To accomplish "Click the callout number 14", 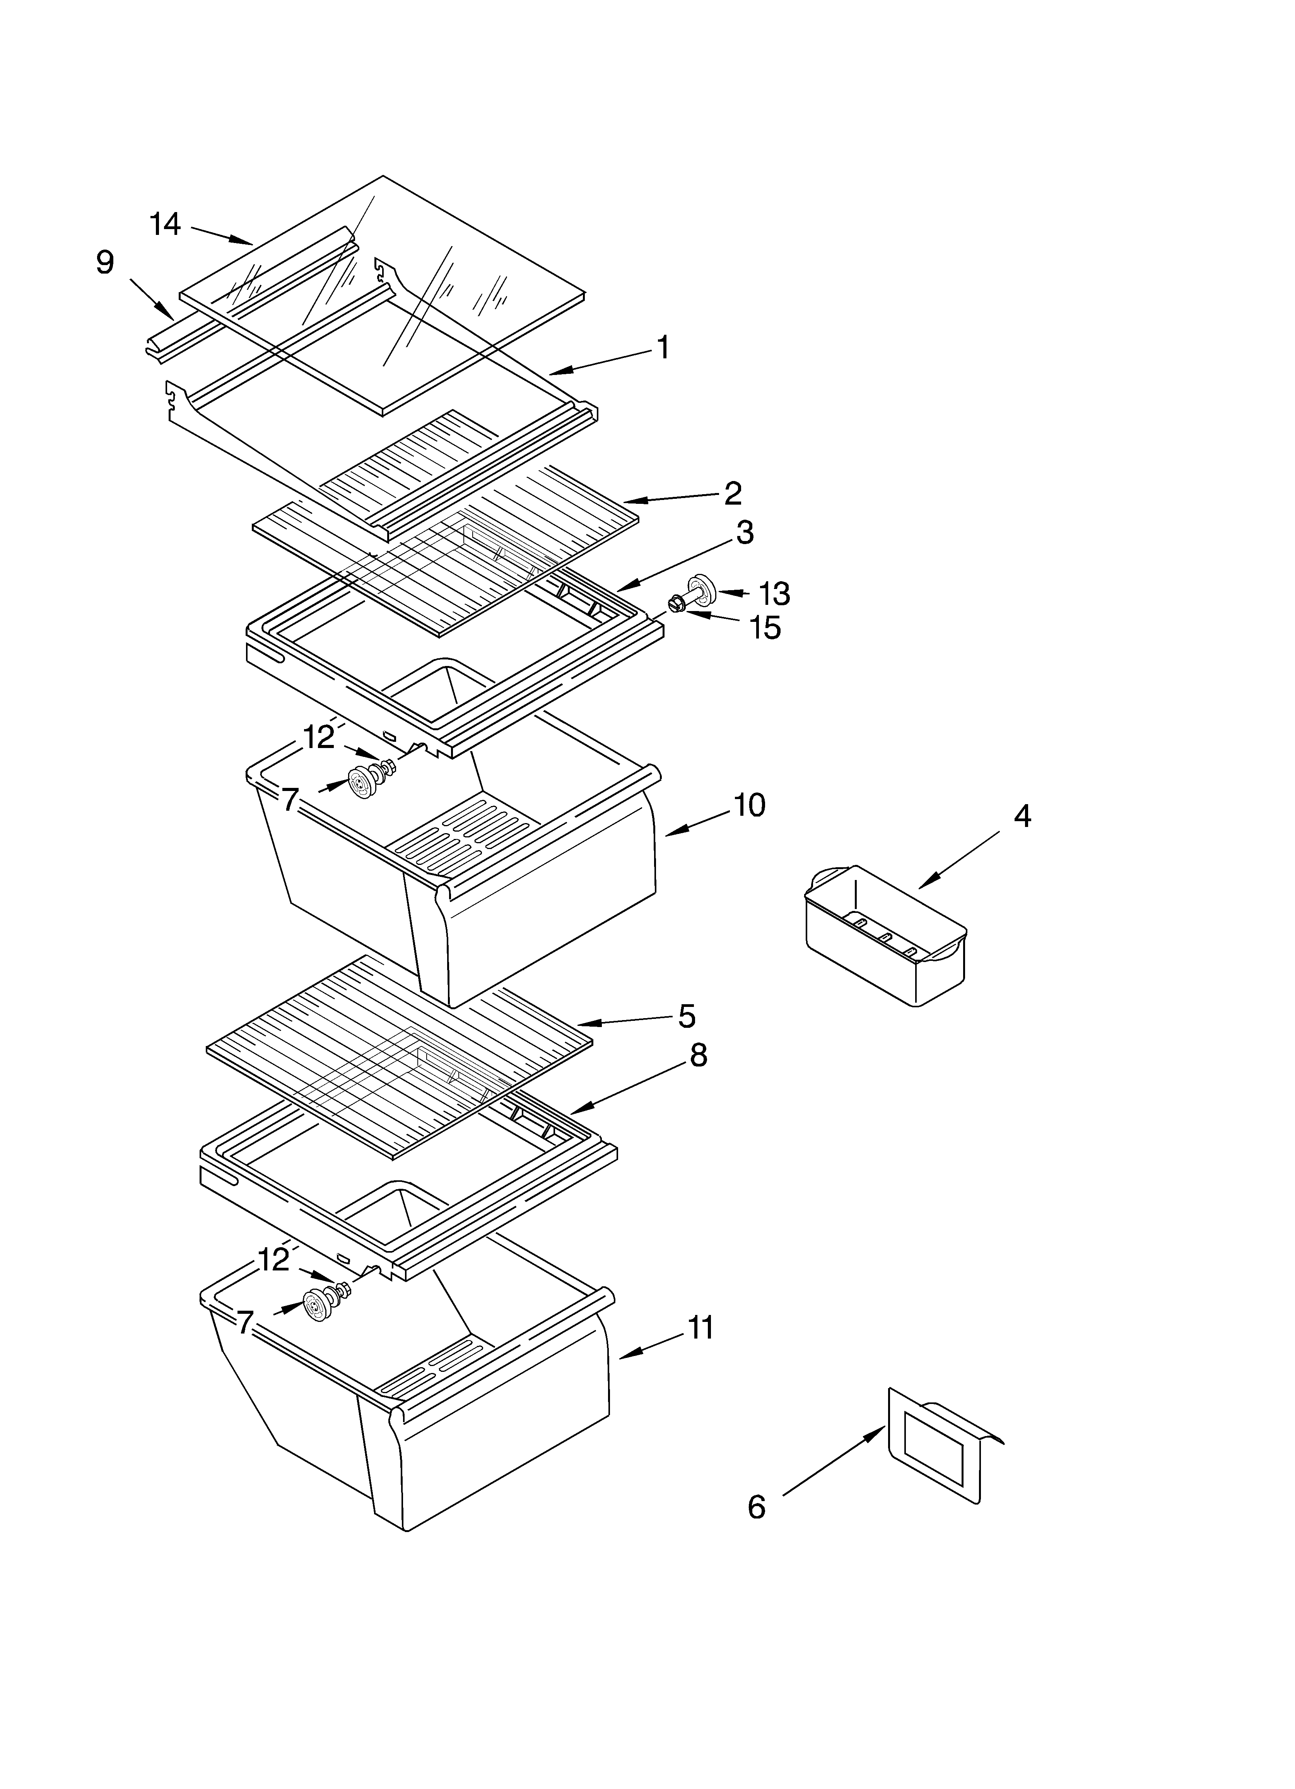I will (166, 225).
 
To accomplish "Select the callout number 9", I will (105, 263).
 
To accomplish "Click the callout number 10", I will (749, 805).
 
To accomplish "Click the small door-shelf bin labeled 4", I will (883, 935).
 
